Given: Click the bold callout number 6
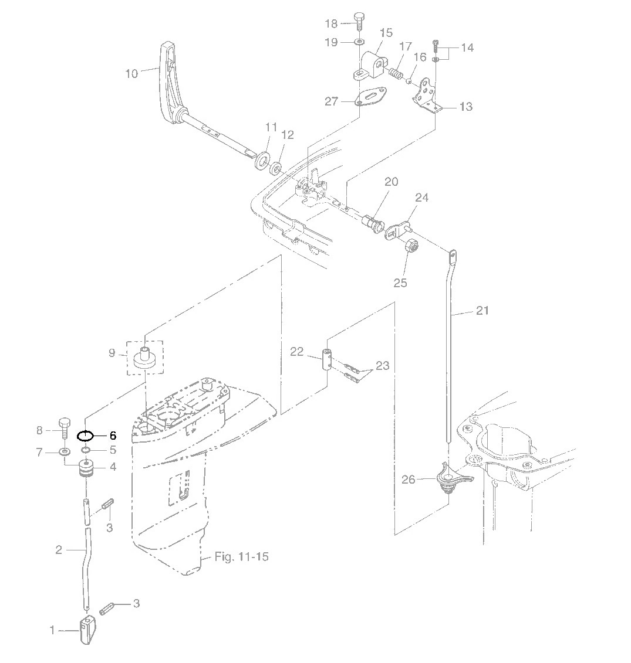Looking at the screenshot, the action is (113, 436).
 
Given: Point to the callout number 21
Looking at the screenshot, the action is (482, 311).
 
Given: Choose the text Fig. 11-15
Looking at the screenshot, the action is (241, 556).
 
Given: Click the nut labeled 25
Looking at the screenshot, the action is (411, 245).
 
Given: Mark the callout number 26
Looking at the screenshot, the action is (409, 480).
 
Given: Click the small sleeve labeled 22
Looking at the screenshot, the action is (327, 359).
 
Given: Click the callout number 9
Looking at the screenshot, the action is (112, 353).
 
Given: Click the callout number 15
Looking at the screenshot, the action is (386, 33).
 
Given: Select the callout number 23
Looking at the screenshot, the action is (382, 365).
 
